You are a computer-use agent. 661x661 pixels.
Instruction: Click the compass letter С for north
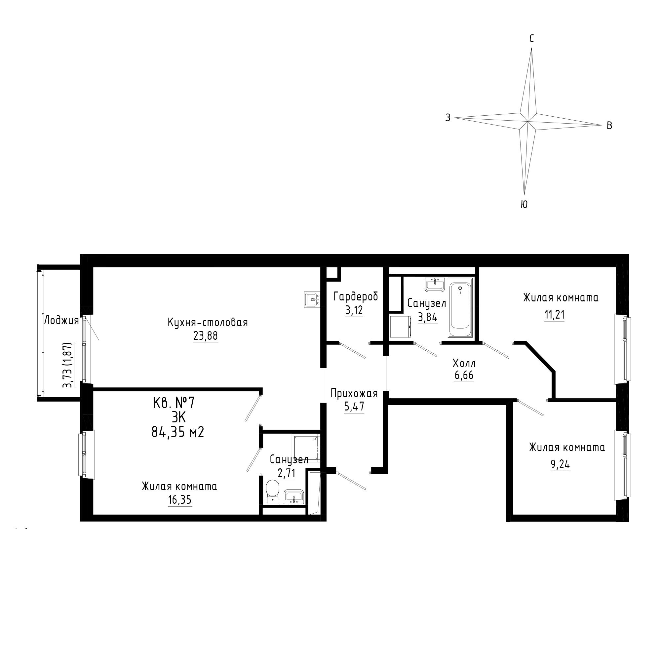[532, 39]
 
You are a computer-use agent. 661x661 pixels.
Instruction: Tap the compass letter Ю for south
[524, 205]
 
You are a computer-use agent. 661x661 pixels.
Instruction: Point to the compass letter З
[447, 118]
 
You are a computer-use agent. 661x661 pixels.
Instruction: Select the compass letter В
[609, 126]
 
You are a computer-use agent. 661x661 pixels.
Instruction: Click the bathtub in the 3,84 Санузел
[461, 308]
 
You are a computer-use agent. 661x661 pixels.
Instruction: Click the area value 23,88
[205, 336]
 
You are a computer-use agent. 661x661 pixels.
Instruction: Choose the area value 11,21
[554, 315]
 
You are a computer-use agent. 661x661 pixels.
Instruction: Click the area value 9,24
[561, 465]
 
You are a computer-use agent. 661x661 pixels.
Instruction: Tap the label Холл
[464, 363]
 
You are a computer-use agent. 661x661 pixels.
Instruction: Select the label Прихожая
[354, 393]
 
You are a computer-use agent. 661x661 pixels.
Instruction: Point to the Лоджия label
[61, 321]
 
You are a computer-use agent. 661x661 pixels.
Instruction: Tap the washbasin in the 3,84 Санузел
[435, 285]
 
